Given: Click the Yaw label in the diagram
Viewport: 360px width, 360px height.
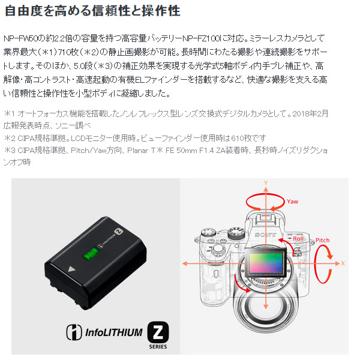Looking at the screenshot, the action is [x=292, y=202].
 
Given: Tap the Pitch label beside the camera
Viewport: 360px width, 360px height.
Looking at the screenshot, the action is [x=322, y=241].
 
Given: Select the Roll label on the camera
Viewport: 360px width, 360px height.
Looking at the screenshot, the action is [x=298, y=239].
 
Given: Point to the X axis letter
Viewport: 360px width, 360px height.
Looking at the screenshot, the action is [x=343, y=263].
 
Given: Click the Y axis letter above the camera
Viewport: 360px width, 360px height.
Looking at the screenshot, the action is [x=266, y=183].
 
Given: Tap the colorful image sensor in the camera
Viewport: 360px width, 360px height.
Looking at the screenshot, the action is [x=266, y=263].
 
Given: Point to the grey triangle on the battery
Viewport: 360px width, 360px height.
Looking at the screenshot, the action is [x=71, y=269].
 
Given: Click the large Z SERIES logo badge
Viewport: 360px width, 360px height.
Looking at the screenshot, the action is [x=158, y=335].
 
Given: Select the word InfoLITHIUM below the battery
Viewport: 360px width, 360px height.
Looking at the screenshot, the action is [x=113, y=332].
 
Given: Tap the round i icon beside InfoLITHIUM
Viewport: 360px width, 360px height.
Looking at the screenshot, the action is [x=74, y=332].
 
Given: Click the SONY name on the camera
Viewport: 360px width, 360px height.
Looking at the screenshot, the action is [x=266, y=235].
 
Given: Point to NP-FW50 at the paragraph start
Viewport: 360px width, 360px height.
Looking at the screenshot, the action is [x=20, y=38].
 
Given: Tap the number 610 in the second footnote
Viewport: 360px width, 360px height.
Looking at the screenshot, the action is [x=238, y=138].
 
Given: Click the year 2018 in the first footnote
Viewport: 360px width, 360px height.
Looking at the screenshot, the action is [x=301, y=113].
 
